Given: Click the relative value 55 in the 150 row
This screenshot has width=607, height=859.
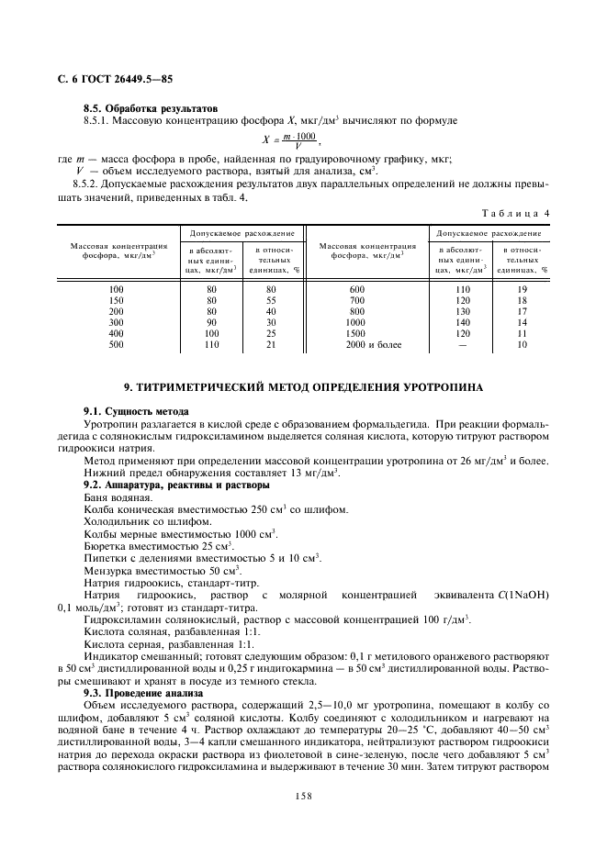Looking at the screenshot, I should click(x=271, y=300).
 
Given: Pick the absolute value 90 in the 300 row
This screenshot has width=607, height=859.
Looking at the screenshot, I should click(x=211, y=322).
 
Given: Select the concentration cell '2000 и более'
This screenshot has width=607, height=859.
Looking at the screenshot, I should click(x=367, y=344).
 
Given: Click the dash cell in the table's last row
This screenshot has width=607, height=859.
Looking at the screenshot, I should click(x=462, y=344).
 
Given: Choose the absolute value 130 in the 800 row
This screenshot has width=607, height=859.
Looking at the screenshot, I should click(x=462, y=311).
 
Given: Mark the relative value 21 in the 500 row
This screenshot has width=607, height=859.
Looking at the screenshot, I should click(x=271, y=344).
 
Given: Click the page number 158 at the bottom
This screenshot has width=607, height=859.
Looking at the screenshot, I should click(x=303, y=797).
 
